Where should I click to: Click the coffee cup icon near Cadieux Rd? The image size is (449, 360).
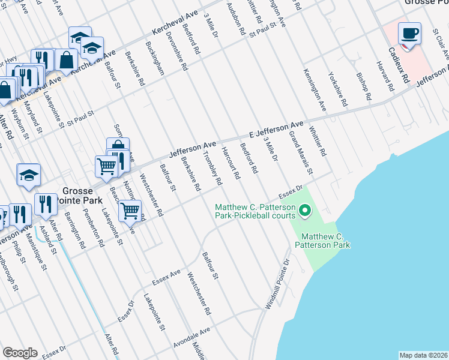(409, 34)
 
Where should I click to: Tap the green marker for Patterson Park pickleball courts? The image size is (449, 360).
(305, 211)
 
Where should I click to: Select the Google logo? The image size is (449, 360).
(20, 353)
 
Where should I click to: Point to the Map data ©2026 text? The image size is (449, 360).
(423, 355)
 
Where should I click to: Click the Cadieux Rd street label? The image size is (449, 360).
(398, 65)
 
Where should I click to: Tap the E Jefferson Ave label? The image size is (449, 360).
(277, 129)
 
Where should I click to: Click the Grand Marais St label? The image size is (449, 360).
(301, 154)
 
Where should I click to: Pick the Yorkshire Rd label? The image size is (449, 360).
(338, 89)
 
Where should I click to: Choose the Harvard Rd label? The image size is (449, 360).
(385, 76)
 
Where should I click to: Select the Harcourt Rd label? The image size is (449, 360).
(231, 163)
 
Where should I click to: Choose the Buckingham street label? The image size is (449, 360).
(155, 58)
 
